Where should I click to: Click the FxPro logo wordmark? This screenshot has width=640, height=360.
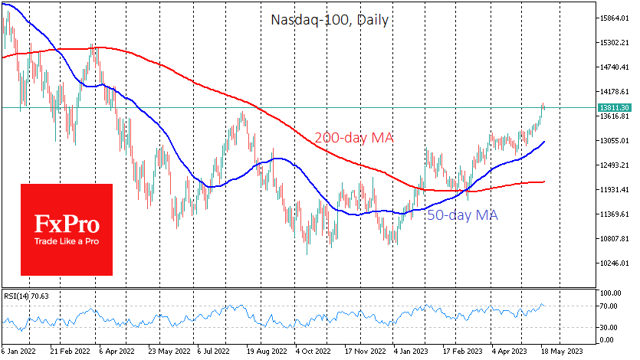coord(66,224)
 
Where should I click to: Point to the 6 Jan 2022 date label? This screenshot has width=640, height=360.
coord(18,352)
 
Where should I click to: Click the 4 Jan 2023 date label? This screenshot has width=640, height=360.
coord(411,352)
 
